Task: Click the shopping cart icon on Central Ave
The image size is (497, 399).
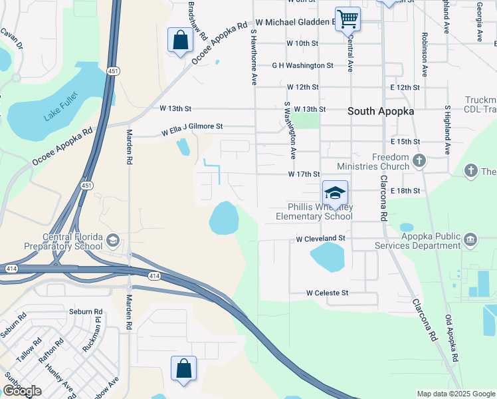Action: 348,19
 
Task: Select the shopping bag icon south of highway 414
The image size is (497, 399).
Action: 183,368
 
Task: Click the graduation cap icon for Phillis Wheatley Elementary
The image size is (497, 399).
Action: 336,193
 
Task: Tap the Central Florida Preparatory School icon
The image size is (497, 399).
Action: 113,240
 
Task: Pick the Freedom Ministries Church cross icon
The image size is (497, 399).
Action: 419,160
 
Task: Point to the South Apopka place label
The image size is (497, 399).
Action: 381,112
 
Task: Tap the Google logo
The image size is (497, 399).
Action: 21,391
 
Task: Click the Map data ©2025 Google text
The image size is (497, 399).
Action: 456,394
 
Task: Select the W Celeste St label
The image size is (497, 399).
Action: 327,293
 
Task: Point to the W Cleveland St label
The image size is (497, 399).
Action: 321,237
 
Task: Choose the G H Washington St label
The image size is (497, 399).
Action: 302,66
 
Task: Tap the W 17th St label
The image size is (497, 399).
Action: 304,174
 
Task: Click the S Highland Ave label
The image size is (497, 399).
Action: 448,130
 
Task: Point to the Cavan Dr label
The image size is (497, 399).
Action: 11,40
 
